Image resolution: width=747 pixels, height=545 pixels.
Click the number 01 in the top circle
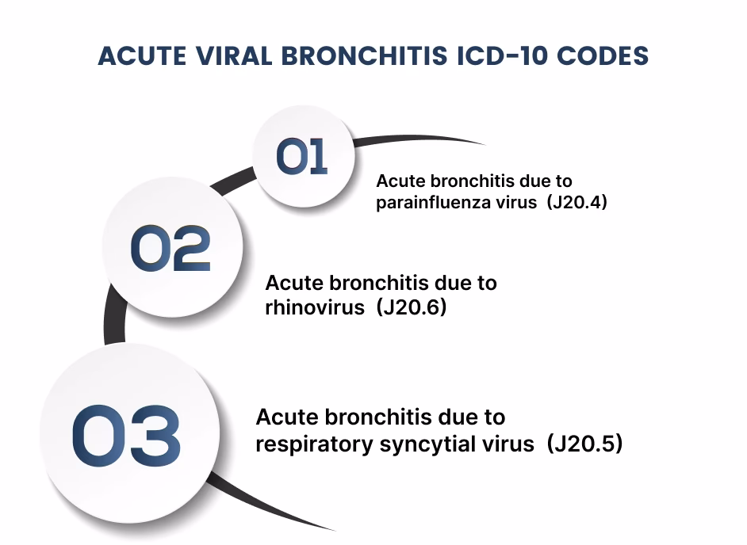[x=302, y=156]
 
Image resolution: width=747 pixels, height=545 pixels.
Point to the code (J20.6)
[x=413, y=307]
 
